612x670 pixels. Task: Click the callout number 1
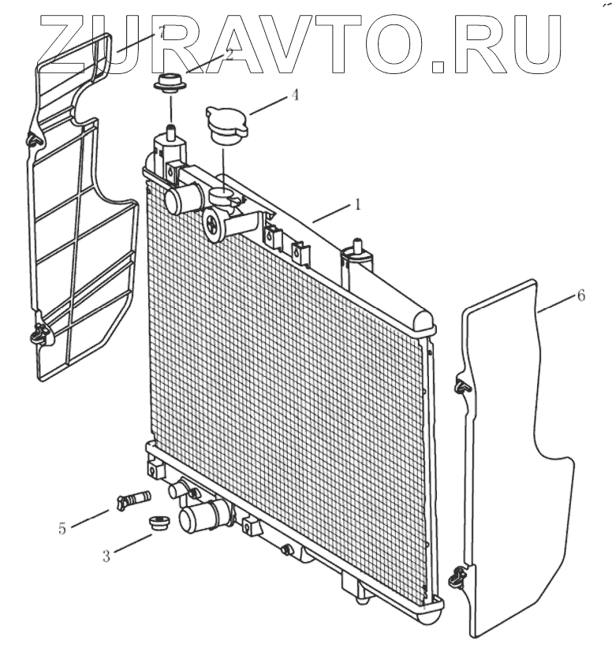point(357,204)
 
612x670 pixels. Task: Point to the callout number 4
point(294,95)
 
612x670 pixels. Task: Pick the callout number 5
point(62,528)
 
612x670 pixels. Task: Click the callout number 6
point(581,296)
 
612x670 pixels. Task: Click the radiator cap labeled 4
point(227,121)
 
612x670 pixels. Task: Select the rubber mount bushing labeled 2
point(167,83)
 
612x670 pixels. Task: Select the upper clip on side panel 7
point(34,140)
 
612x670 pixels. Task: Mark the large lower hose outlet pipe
point(197,517)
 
